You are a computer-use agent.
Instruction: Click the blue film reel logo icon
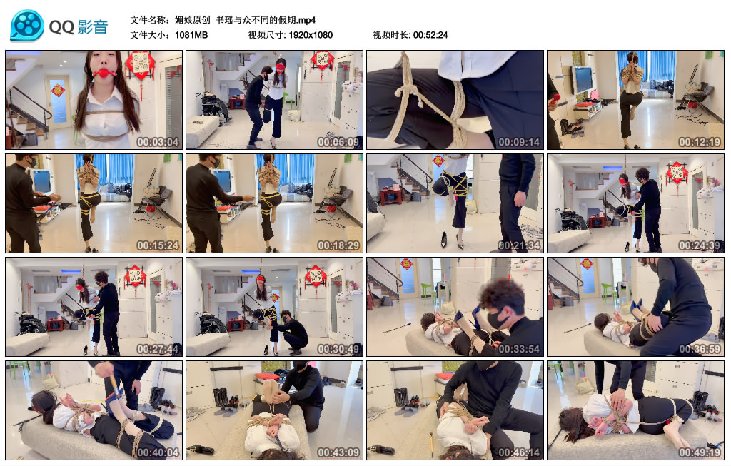(27, 26)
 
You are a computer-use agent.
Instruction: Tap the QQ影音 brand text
(79, 27)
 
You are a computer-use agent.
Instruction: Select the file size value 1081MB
(191, 35)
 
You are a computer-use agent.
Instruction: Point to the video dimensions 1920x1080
(311, 35)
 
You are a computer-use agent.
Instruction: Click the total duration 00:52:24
(430, 35)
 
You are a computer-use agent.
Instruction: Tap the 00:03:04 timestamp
(158, 142)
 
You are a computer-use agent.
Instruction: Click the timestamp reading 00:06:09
(338, 142)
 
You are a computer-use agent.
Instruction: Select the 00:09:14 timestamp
(519, 142)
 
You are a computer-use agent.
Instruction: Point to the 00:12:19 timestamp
(700, 142)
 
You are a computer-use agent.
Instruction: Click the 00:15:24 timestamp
(158, 245)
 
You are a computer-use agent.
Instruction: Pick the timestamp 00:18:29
(338, 245)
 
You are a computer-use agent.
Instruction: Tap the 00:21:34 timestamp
(519, 245)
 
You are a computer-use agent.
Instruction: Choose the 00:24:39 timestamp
(700, 245)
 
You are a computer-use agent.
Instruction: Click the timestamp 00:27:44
(158, 349)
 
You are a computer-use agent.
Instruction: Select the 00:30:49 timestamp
(338, 349)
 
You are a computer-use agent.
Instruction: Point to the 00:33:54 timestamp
(519, 349)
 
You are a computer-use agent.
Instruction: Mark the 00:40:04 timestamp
(158, 452)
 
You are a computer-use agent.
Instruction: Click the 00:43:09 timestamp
(338, 452)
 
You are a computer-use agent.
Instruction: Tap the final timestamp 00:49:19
(700, 452)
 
